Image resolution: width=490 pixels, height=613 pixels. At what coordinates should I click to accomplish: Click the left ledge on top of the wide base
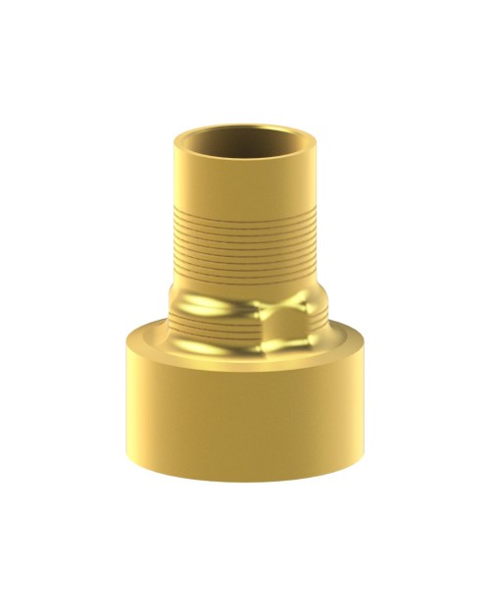click(x=147, y=334)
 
